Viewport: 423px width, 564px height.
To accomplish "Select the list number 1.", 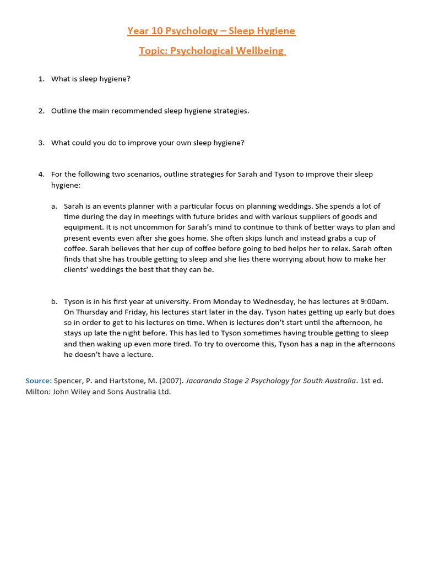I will click(41, 79).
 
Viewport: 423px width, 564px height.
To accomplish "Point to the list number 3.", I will click(41, 143).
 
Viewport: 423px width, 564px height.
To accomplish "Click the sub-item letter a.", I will click(54, 206).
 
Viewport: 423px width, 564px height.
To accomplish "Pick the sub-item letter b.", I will click(54, 301).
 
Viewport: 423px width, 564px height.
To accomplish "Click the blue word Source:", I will click(39, 381).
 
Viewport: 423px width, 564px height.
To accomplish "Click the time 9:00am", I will click(373, 301).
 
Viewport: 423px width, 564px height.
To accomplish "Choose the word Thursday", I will click(92, 312).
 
